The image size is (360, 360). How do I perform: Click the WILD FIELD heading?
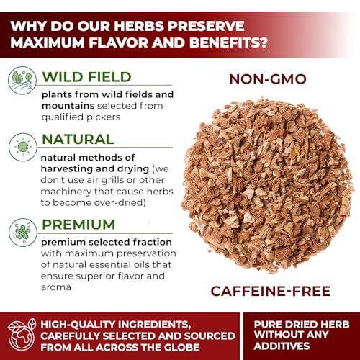(86, 77)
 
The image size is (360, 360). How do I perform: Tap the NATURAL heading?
(78, 139)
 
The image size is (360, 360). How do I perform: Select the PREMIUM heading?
(78, 225)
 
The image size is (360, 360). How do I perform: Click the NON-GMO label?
(268, 79)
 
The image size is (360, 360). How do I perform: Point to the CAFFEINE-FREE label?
(271, 291)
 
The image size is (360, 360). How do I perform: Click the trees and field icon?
(22, 81)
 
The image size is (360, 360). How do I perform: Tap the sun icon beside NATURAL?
(23, 147)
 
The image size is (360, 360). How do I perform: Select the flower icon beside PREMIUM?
(23, 233)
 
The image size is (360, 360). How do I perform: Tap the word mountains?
(68, 106)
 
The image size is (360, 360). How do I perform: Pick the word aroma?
(56, 287)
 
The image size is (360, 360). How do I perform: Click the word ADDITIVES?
(282, 346)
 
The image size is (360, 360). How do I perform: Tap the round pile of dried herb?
(267, 185)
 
